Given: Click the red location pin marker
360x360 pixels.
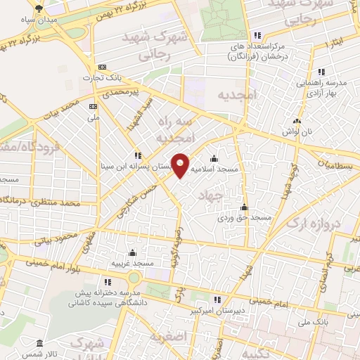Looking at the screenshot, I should [180, 165].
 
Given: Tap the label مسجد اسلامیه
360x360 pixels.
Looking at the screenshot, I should [214, 169].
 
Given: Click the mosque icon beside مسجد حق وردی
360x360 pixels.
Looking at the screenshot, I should [244, 207].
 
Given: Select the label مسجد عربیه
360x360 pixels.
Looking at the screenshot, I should [132, 263].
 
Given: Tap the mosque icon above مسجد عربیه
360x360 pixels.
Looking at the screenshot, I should [132, 252].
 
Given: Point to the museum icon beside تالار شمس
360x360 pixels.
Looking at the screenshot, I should [39, 343].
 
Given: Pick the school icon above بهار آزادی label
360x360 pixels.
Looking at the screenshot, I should [321, 72].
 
